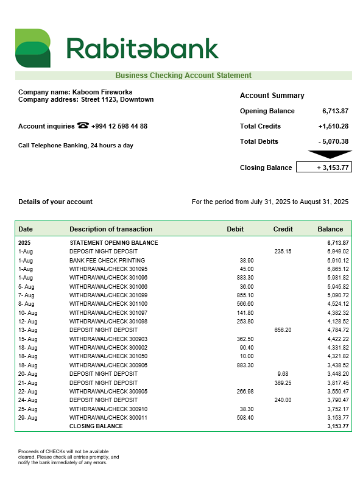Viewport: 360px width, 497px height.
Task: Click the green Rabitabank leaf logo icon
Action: (32, 48)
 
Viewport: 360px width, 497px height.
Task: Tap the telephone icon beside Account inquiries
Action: (83, 126)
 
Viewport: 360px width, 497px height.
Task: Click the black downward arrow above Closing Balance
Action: (329, 154)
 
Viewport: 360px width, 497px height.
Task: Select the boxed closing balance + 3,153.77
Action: (323, 167)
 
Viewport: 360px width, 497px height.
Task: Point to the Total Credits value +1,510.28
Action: (333, 126)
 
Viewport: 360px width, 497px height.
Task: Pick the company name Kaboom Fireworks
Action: (102, 92)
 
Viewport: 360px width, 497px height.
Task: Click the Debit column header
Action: (235, 229)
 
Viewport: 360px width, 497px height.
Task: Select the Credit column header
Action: (283, 229)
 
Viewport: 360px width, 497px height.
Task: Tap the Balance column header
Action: (330, 229)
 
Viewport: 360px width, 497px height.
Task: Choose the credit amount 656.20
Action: (283, 330)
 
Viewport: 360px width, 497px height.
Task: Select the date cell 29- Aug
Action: (27, 418)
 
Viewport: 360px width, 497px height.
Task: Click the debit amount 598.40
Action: (245, 418)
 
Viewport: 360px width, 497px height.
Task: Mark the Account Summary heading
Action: (272, 96)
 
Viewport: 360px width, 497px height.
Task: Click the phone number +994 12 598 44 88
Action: (119, 126)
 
